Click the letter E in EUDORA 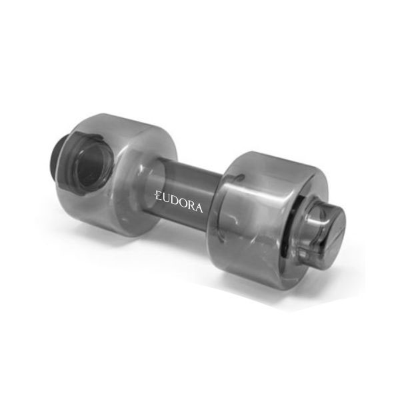click(158, 196)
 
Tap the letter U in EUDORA click(166, 199)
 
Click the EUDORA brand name click(179, 202)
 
